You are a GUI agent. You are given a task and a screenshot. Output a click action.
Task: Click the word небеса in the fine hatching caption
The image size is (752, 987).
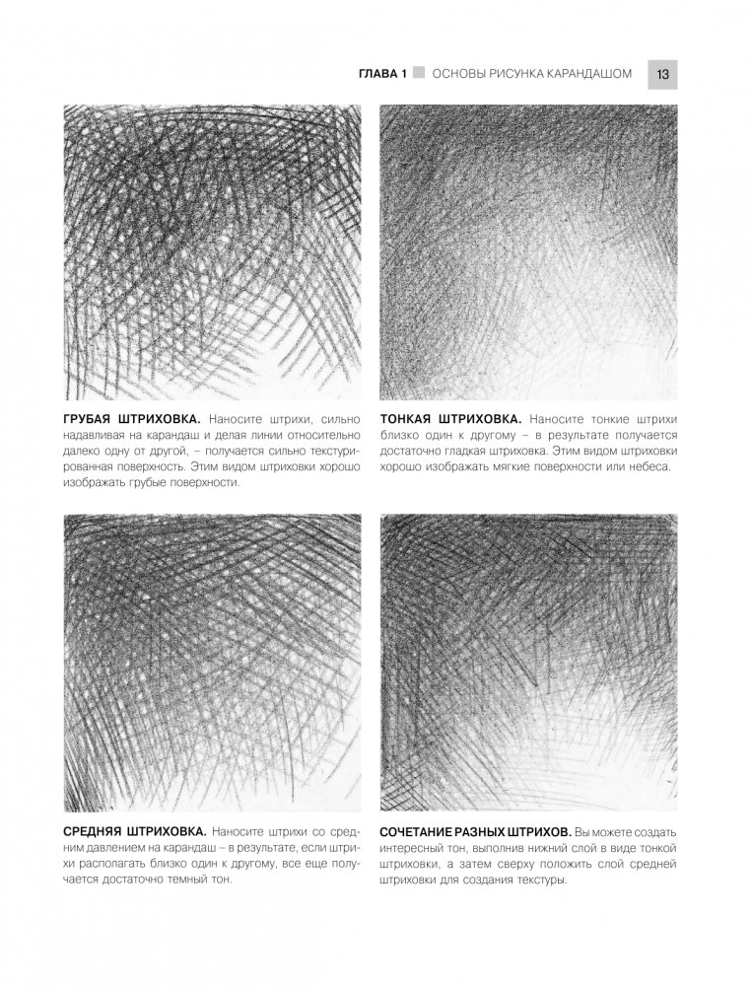coord(647,466)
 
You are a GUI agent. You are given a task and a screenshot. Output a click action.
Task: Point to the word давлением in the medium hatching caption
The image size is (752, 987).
coord(102,851)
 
